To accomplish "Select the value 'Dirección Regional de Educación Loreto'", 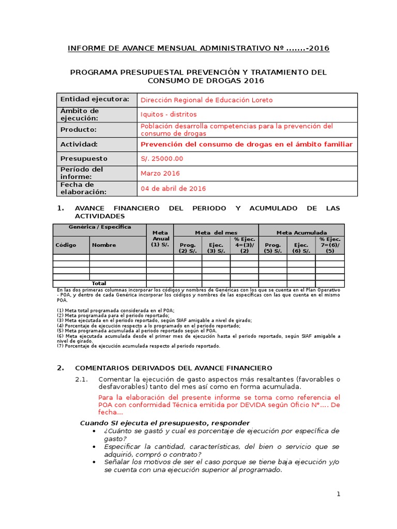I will (x=206, y=100).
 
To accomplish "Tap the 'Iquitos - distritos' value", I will (x=169, y=114).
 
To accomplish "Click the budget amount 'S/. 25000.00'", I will (x=162, y=159).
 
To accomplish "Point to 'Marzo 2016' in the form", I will (x=160, y=174).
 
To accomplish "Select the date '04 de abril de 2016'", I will (x=173, y=189).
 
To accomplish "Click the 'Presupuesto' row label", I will (x=84, y=159).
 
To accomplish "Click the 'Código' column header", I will (x=65, y=245).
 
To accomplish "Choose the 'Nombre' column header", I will (x=104, y=245).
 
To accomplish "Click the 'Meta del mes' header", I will (x=216, y=232).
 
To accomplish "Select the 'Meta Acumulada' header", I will (x=301, y=232).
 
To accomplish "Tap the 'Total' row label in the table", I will (x=99, y=284).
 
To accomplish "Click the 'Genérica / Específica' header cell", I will (x=100, y=227).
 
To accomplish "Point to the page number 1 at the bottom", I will (x=339, y=494).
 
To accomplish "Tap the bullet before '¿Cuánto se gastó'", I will (x=94, y=431).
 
